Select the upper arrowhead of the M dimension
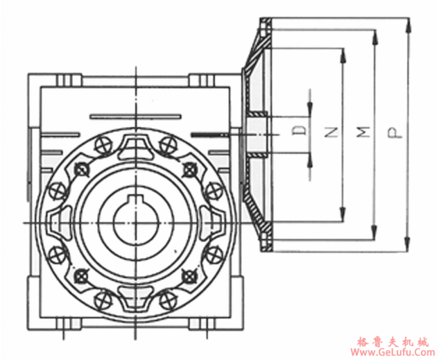(x=375, y=35)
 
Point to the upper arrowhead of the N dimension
(x=342, y=53)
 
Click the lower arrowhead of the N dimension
(x=342, y=216)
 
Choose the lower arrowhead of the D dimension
(x=309, y=157)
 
